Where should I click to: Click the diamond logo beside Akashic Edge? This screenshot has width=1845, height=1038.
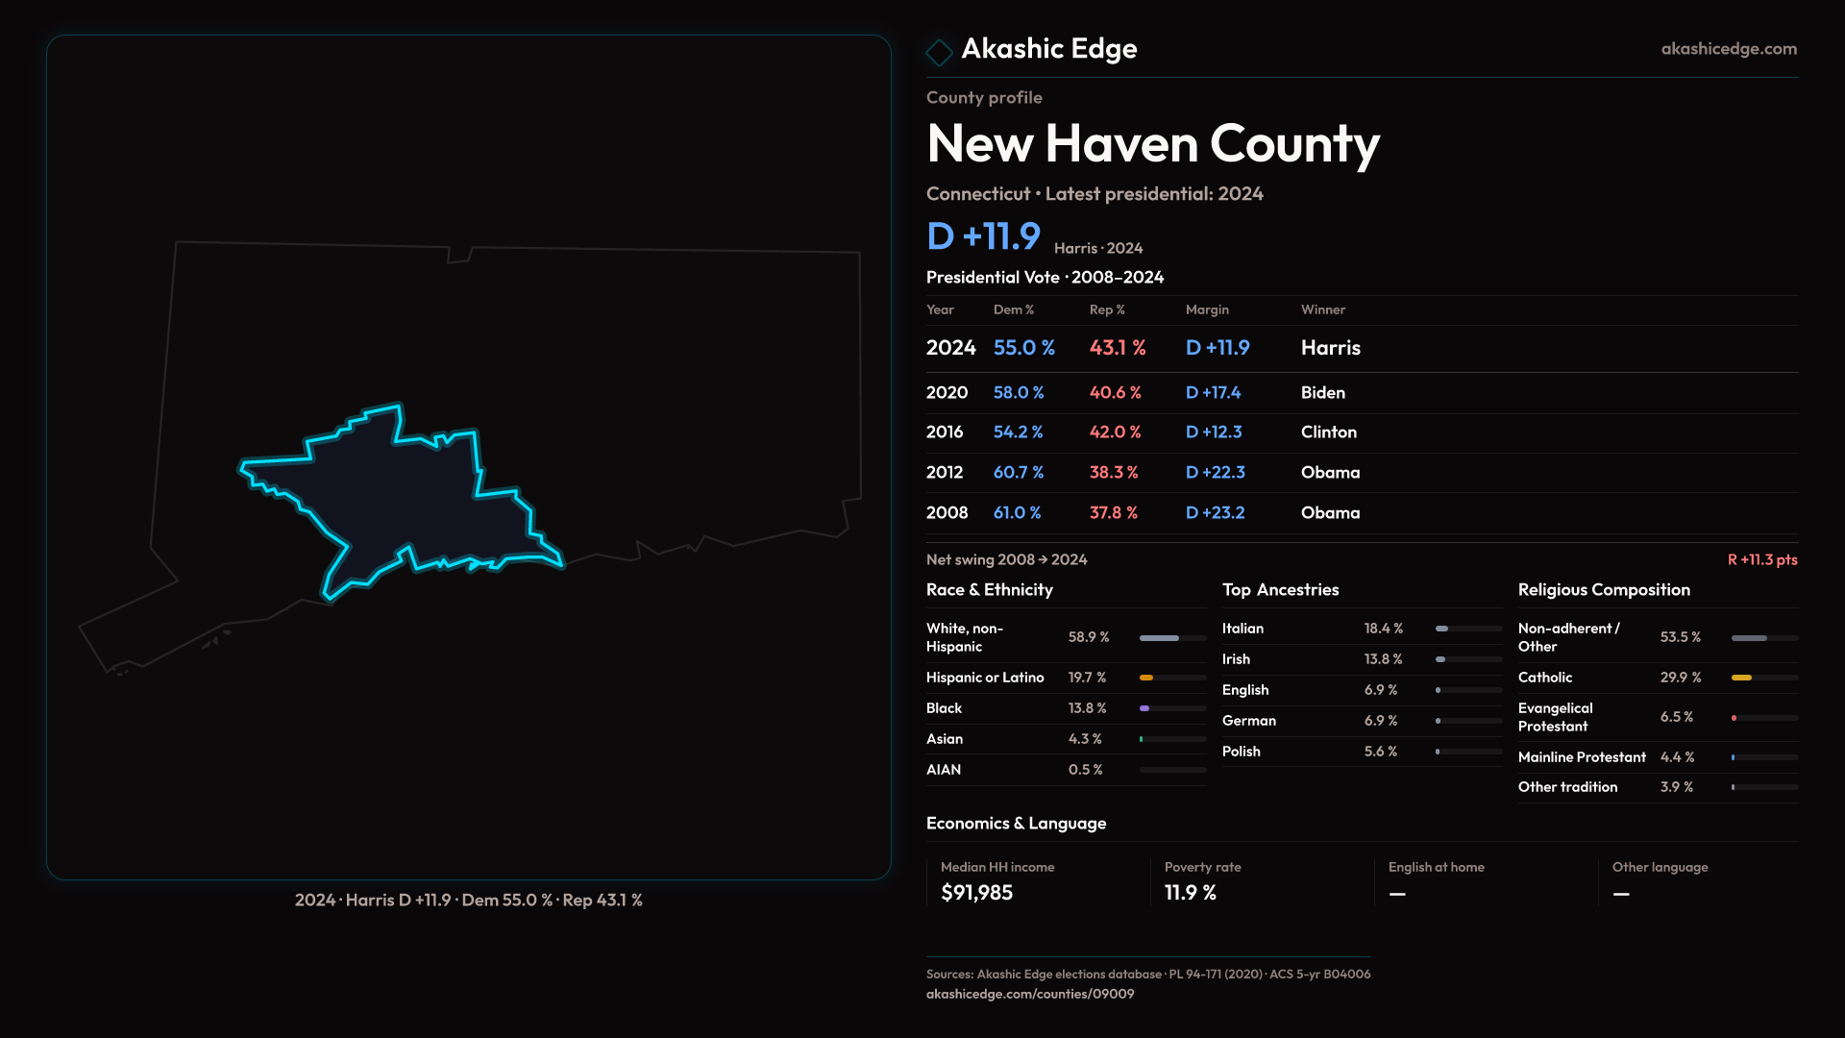939,51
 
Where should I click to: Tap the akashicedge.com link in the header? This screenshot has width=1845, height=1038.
1729,49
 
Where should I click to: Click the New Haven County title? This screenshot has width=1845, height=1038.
1152,144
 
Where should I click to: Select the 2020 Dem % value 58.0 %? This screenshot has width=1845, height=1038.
1019,393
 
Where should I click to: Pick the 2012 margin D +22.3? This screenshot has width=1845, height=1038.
1215,473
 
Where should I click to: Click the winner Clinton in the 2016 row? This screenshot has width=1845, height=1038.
1328,432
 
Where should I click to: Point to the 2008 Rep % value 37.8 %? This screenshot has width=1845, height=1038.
1113,513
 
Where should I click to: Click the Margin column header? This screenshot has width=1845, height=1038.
1207,309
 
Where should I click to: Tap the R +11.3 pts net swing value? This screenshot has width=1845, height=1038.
1761,560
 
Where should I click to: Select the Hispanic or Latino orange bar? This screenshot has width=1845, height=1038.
1146,678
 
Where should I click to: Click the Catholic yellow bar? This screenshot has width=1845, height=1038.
1741,678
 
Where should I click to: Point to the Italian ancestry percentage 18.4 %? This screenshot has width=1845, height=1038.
1383,629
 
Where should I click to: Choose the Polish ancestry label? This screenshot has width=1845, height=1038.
1241,752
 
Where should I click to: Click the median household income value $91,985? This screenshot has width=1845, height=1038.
976,893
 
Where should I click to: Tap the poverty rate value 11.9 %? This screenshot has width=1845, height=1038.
1190,893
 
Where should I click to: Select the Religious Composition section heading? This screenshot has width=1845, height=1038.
1604,590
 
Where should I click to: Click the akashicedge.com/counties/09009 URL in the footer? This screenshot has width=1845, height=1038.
1029,995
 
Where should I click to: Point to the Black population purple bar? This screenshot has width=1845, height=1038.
1144,708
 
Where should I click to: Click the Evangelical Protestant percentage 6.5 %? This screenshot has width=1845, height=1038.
1676,717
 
